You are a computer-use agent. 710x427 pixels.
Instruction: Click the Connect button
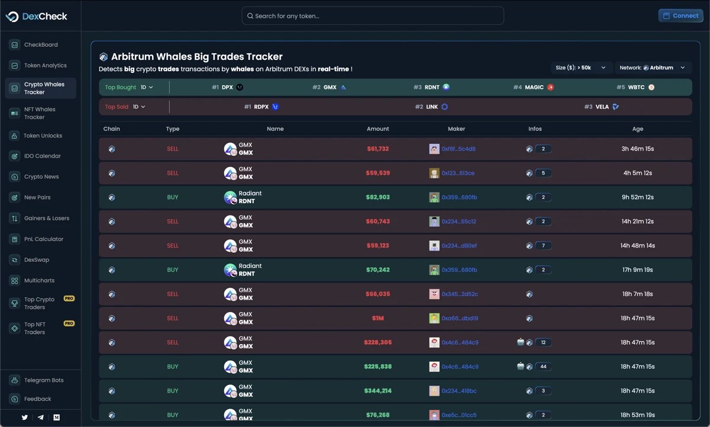point(680,16)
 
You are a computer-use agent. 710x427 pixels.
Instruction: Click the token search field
point(373,16)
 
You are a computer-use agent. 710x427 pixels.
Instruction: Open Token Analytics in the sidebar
point(45,66)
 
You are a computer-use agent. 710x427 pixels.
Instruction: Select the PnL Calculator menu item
point(43,239)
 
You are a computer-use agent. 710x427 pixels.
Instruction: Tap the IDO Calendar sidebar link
point(42,156)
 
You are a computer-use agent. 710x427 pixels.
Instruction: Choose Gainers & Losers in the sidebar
point(46,219)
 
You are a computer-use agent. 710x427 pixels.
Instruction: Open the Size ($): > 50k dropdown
point(580,68)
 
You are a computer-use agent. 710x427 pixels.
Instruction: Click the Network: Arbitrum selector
point(652,68)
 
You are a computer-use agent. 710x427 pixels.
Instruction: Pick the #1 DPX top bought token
point(227,87)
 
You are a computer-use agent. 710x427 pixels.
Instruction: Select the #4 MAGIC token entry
point(534,87)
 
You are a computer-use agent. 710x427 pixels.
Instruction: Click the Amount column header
point(377,129)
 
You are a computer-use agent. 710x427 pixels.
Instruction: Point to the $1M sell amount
point(377,319)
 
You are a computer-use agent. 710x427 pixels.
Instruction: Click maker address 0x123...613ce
point(457,174)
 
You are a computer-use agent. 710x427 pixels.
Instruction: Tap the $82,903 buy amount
point(377,197)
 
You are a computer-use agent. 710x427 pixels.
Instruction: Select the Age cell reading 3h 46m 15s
point(637,149)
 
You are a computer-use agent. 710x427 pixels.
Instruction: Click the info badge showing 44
point(543,367)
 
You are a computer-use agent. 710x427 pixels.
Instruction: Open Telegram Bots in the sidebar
point(43,380)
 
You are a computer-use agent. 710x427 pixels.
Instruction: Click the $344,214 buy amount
point(377,391)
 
